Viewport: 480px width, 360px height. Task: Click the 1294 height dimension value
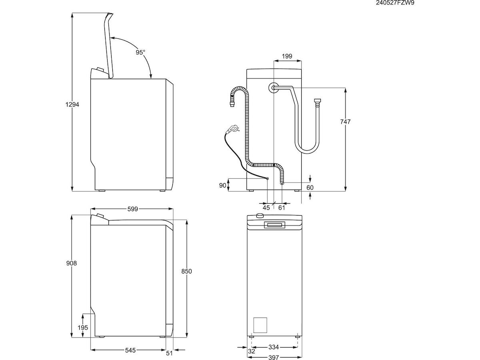pos(72,104)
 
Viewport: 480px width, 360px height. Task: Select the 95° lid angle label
pos(140,52)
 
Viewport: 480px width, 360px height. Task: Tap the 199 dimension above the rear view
pos(287,56)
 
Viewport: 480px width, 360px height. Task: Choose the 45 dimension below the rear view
pos(266,207)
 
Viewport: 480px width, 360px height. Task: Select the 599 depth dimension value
pos(132,209)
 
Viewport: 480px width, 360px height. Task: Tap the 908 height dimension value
pos(71,263)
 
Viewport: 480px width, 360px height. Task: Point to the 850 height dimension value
pos(187,271)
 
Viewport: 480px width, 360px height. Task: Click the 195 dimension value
pos(83,328)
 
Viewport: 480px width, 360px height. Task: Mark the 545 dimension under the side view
pos(130,350)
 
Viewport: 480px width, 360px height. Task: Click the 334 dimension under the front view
pos(274,347)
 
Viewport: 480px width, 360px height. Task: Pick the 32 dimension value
pos(251,351)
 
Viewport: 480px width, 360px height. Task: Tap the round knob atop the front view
pos(260,216)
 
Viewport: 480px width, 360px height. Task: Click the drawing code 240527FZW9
pos(392,3)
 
